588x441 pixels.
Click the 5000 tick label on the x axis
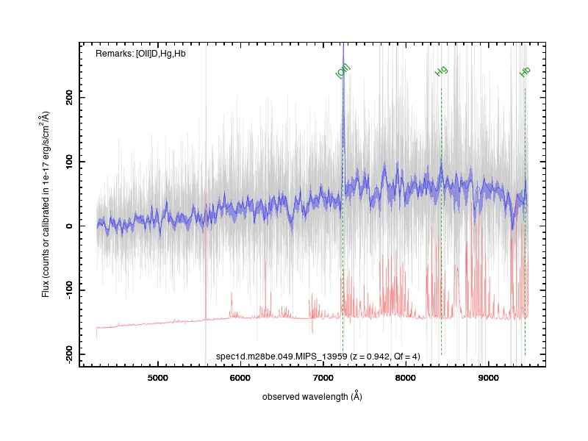157,378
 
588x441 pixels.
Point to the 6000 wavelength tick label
240,378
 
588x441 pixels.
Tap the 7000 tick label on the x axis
323,378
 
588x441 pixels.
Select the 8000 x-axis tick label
406,378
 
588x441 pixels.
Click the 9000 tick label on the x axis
488,378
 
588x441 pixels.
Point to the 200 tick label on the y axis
69,97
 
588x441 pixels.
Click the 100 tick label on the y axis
69,162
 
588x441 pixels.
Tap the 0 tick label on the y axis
69,226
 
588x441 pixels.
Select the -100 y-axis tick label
69,290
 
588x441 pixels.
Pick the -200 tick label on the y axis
69,354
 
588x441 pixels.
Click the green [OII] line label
343,71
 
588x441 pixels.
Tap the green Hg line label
442,71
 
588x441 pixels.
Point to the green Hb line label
525,71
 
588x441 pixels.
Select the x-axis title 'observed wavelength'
305,397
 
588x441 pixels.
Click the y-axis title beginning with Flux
46,204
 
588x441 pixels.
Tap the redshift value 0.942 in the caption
378,356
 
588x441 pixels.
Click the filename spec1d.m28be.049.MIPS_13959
282,356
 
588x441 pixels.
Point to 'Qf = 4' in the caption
406,356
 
